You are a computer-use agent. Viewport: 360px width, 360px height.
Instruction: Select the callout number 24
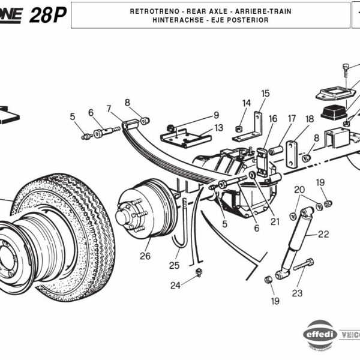tap(175, 286)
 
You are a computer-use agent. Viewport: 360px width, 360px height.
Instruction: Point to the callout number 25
tap(174, 265)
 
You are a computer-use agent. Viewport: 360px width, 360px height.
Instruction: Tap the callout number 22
tap(323, 234)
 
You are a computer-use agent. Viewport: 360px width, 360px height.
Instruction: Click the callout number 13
tap(218, 128)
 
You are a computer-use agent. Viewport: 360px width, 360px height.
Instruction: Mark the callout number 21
tap(275, 221)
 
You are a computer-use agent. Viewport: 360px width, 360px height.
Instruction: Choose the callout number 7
tap(109, 109)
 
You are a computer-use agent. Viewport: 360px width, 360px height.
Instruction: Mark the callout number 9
tap(216, 115)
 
